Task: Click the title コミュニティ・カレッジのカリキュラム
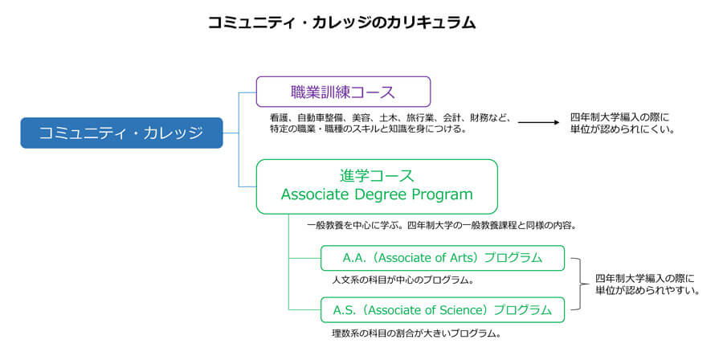click(x=341, y=22)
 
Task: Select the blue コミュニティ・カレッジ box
click(x=122, y=133)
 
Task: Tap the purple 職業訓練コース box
click(x=343, y=92)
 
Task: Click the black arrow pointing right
click(x=538, y=123)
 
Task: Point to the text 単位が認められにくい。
click(x=623, y=130)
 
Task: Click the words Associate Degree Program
click(x=377, y=194)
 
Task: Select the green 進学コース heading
click(x=377, y=176)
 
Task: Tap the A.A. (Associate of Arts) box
click(x=442, y=258)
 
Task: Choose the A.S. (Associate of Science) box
click(x=442, y=309)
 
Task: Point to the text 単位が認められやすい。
click(x=647, y=291)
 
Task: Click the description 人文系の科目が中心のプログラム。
click(x=403, y=280)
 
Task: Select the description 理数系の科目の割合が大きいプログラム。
click(x=416, y=333)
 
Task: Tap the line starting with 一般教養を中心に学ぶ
click(x=442, y=226)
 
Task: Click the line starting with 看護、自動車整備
click(x=390, y=118)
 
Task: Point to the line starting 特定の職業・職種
click(x=368, y=129)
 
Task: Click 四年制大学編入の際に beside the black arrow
click(x=619, y=118)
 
